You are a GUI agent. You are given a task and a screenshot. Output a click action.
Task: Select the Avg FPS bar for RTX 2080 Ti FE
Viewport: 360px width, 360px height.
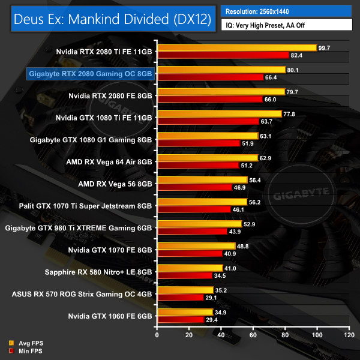(x=236, y=47)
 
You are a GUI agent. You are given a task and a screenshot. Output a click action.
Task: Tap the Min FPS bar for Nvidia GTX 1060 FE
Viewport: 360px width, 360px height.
(x=180, y=319)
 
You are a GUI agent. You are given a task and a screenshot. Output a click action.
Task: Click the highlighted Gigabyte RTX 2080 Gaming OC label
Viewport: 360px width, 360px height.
(x=91, y=73)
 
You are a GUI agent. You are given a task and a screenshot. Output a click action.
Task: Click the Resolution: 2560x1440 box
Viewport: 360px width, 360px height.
(x=287, y=11)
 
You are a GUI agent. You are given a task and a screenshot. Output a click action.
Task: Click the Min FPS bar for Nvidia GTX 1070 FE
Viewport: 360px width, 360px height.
(x=189, y=253)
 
